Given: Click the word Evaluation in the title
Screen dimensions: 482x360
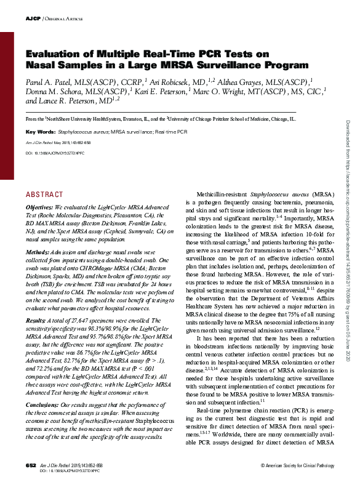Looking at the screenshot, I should (x=54, y=54).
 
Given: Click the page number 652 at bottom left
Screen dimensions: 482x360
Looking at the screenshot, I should (x=31, y=463).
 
